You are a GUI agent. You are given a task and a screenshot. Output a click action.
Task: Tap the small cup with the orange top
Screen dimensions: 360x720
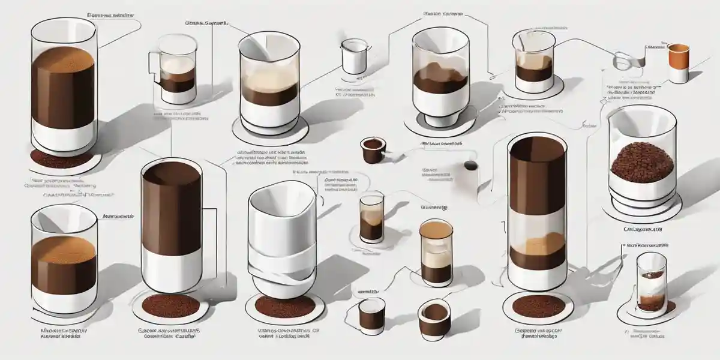pyautogui.click(x=677, y=63)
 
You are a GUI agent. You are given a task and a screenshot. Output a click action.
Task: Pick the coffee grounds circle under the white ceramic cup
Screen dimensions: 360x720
pyautogui.click(x=277, y=308)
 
